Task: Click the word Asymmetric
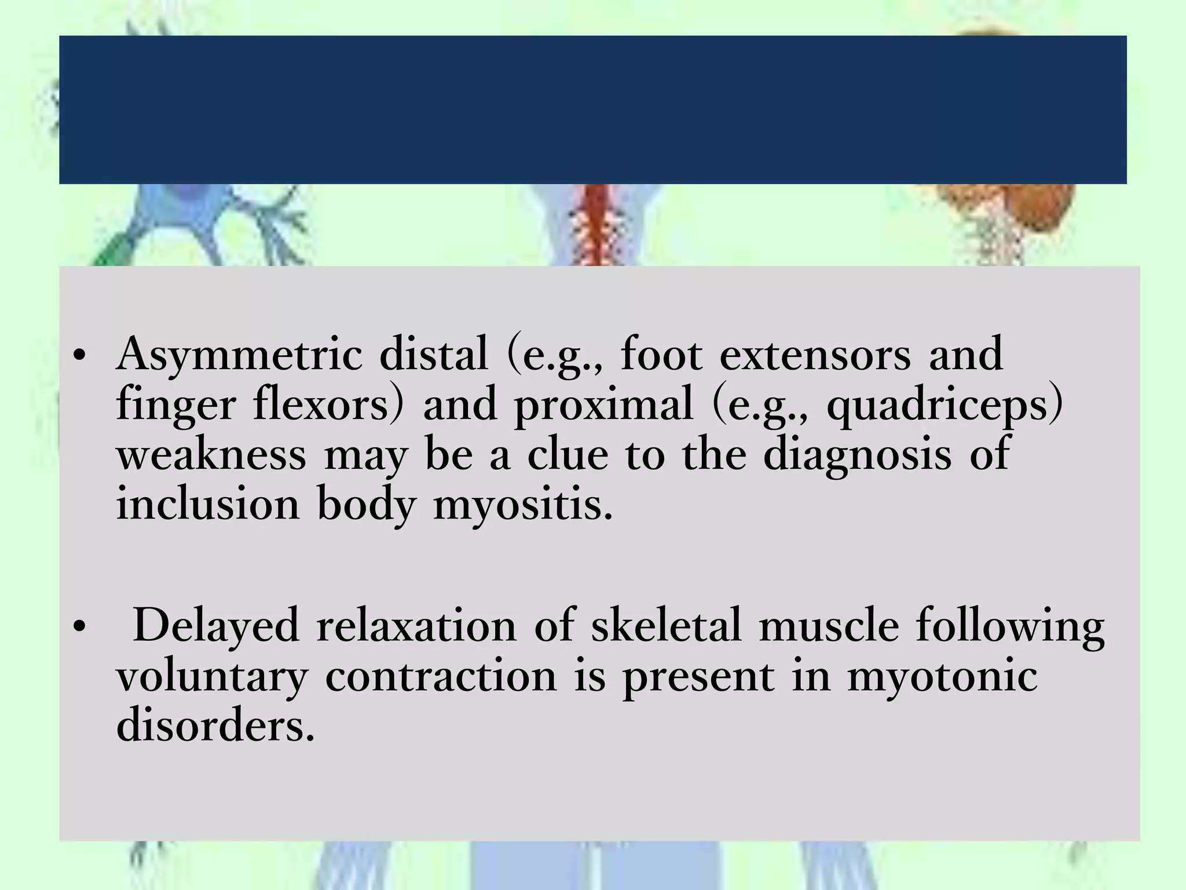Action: (239, 355)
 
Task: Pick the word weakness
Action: (211, 455)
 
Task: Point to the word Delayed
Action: (216, 626)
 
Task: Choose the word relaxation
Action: (416, 625)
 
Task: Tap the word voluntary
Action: (212, 677)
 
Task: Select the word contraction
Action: (441, 676)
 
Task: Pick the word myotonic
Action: (942, 677)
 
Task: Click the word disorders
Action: (215, 725)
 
